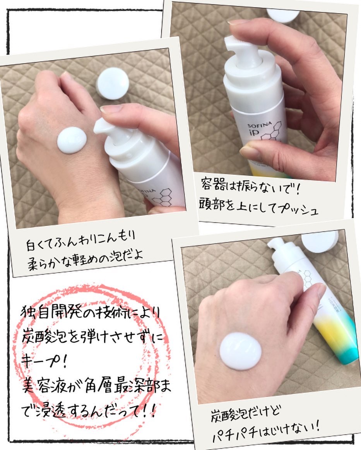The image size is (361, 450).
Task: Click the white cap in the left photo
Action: coord(113,83)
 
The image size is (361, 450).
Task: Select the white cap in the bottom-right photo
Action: coord(320,243)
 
